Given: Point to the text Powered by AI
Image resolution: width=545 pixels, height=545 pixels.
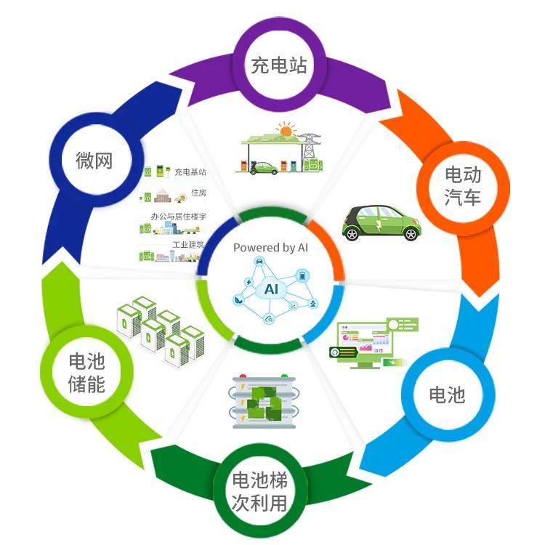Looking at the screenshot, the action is pos(270,248).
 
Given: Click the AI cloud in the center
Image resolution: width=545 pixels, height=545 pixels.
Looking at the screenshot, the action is pos(272,288).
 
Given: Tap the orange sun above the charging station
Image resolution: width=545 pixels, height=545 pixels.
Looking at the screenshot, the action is pos(286,130).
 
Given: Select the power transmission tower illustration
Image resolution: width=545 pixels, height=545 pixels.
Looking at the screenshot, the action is pos(309,146).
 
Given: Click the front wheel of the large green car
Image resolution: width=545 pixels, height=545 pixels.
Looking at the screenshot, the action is pos(352,233).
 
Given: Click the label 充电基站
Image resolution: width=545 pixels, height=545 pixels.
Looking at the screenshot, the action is pos(190,171).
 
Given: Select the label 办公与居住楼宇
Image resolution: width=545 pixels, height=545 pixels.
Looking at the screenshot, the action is pos(178,217).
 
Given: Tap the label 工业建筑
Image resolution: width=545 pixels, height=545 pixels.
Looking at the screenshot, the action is pos(187,245).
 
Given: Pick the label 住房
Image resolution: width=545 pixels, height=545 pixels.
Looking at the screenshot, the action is pos(198,193).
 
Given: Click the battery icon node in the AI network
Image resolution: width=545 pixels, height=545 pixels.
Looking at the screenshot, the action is pos(302,276).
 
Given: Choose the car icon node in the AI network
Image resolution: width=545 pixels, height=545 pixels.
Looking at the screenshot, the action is pos(259,262).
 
